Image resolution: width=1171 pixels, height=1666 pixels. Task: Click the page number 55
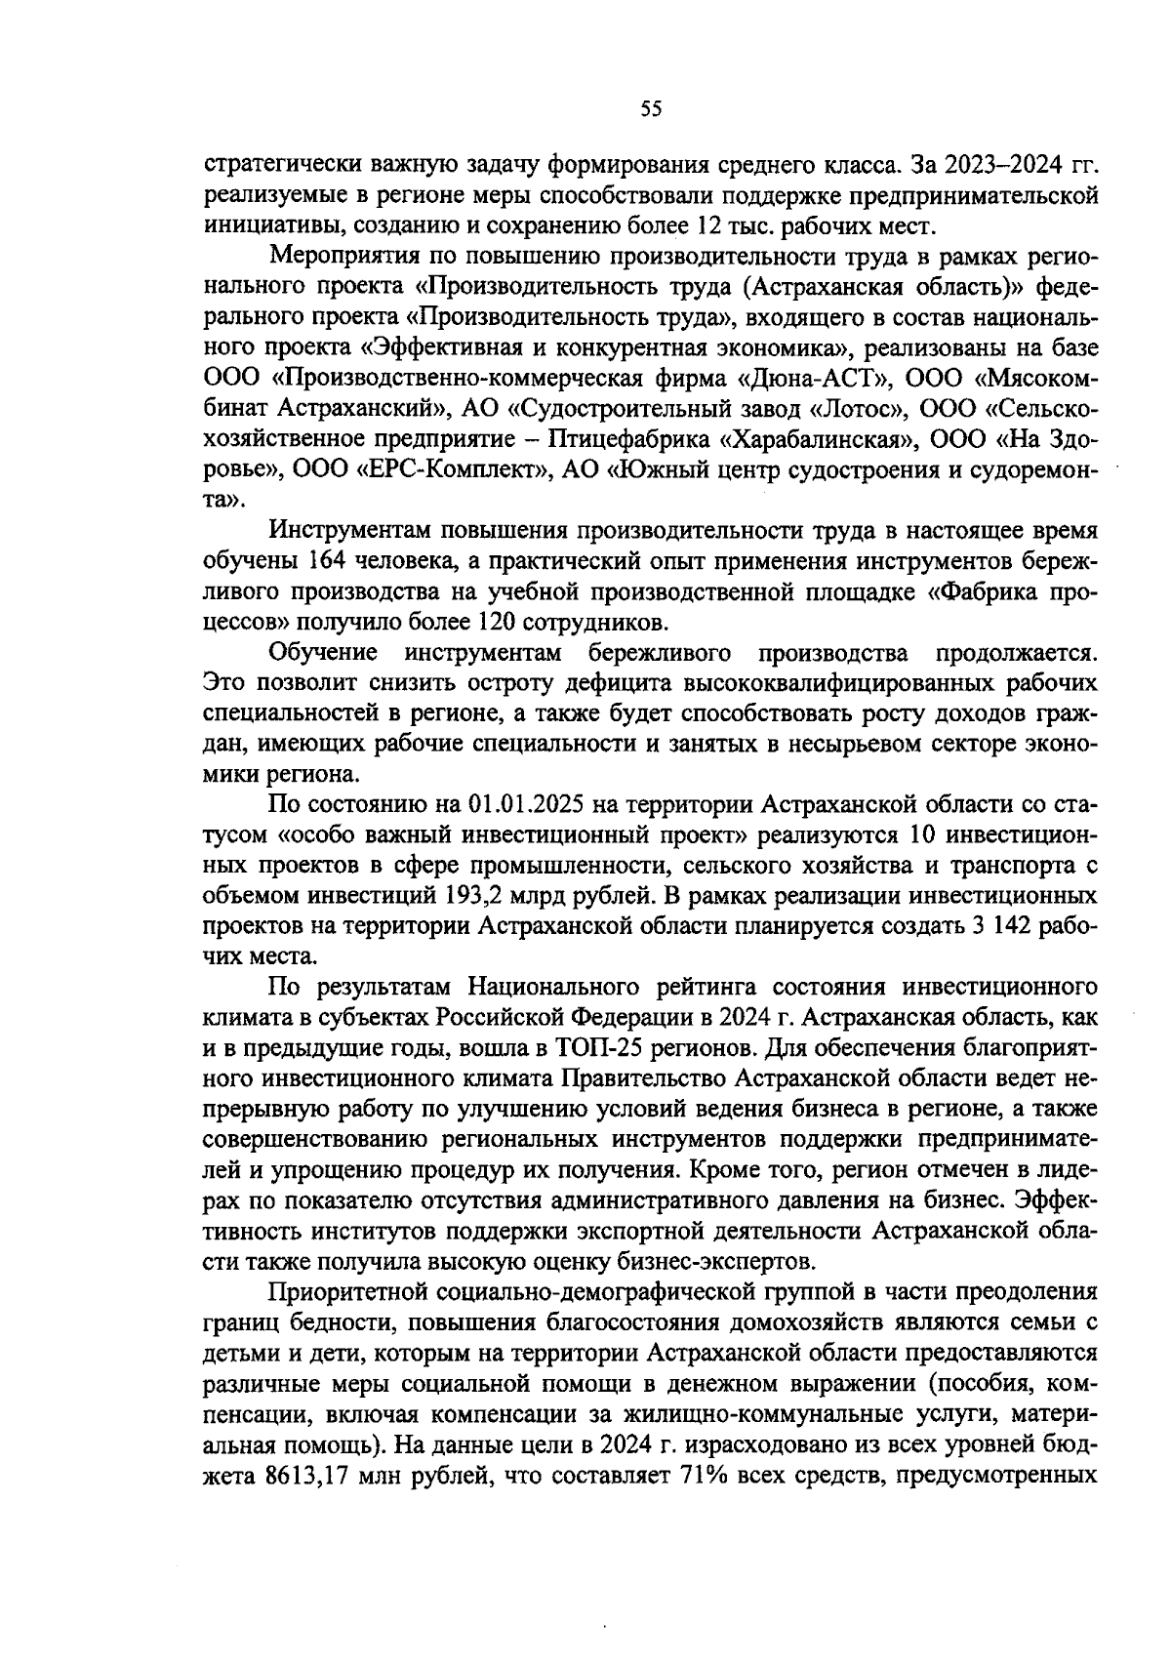click(x=651, y=108)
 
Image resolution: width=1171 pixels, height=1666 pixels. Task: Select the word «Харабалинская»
click(x=820, y=439)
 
